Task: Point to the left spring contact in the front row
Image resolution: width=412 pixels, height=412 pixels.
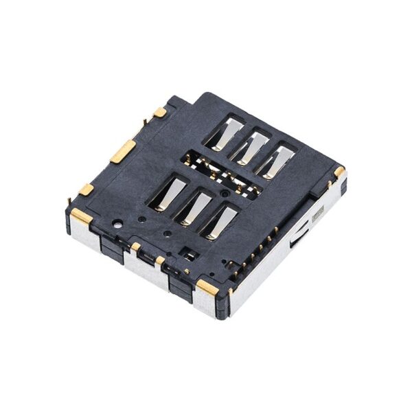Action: pyautogui.click(x=169, y=192)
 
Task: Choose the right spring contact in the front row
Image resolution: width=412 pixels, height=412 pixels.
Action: pyautogui.click(x=222, y=221)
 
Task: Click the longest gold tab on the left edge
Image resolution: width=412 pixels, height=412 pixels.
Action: pyautogui.click(x=124, y=150)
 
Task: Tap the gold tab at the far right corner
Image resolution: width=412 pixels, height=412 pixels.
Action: pyautogui.click(x=339, y=170)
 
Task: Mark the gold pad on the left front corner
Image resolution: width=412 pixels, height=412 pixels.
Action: pyautogui.click(x=81, y=216)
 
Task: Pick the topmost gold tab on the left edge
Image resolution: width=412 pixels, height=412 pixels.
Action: pyautogui.click(x=159, y=112)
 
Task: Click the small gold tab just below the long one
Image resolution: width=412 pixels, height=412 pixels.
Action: pyautogui.click(x=86, y=189)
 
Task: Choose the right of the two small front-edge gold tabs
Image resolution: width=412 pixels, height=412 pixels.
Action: pyautogui.click(x=160, y=260)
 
